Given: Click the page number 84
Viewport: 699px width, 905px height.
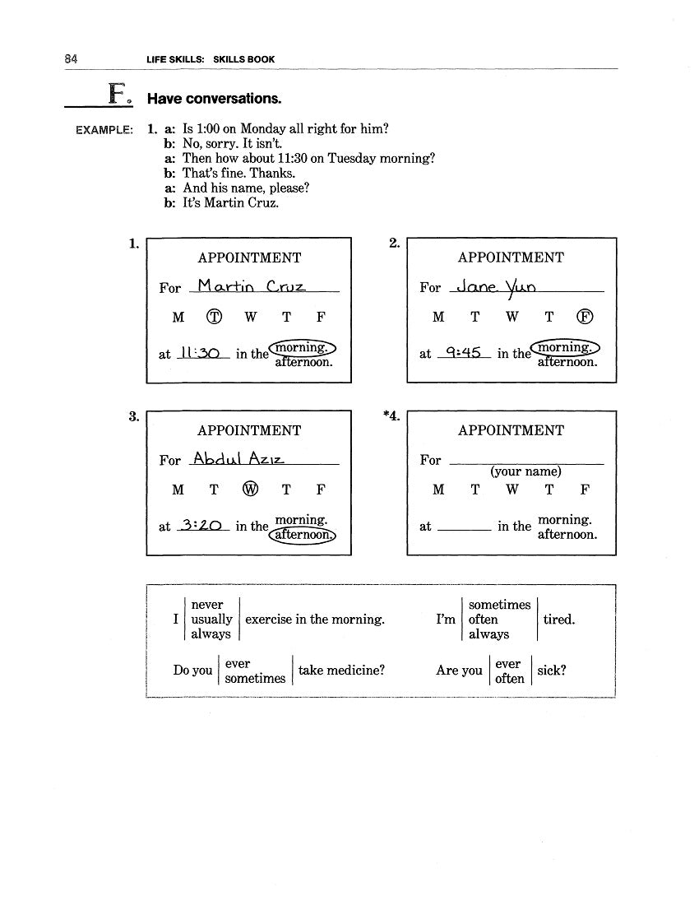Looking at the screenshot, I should (x=70, y=59).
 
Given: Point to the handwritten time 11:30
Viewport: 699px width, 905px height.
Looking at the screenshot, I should (x=200, y=352).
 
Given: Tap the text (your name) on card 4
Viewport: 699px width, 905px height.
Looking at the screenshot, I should (x=525, y=472).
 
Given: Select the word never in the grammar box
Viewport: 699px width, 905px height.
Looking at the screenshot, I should (x=206, y=605).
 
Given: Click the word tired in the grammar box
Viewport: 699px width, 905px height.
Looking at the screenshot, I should (x=558, y=620).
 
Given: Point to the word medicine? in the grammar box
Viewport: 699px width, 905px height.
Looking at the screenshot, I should (x=341, y=671).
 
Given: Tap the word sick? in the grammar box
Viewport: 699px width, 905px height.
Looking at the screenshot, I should (x=551, y=671).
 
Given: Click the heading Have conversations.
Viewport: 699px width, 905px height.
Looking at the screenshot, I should (x=214, y=99).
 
